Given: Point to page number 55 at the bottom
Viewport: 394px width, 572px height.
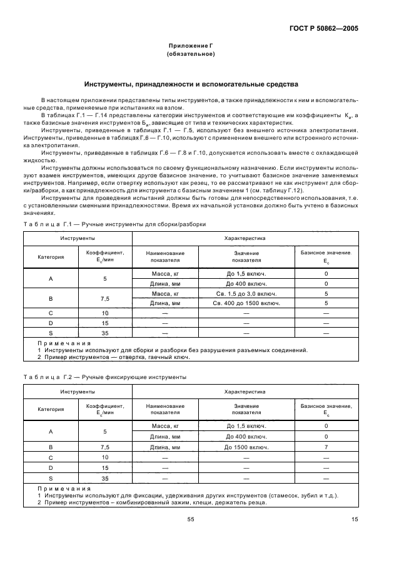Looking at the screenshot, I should pos(191,518).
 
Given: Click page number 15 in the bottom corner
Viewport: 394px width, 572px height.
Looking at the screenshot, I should pos(355,518).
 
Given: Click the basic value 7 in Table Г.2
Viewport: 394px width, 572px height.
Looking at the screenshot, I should pos(326,447).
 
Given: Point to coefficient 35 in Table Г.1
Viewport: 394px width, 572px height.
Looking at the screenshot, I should pos(105,333).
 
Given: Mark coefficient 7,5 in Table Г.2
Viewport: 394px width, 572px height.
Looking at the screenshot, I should pos(105,447).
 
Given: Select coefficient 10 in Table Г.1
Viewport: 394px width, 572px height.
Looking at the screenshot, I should pos(105,313).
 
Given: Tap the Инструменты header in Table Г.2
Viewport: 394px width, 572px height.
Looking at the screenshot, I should pos(78,392).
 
